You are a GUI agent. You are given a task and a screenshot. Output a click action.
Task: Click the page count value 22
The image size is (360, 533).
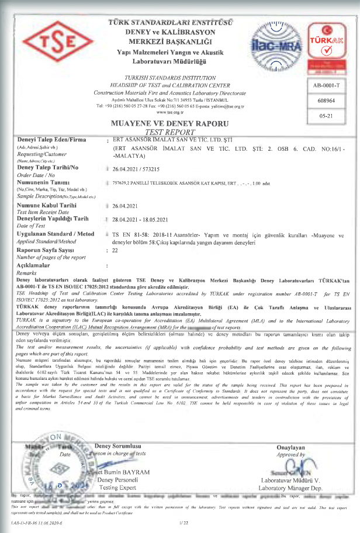coord(115,250)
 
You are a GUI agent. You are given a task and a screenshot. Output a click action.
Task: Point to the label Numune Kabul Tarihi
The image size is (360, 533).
coord(46,206)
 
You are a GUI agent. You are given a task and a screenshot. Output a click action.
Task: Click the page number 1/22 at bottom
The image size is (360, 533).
coord(183,528)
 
